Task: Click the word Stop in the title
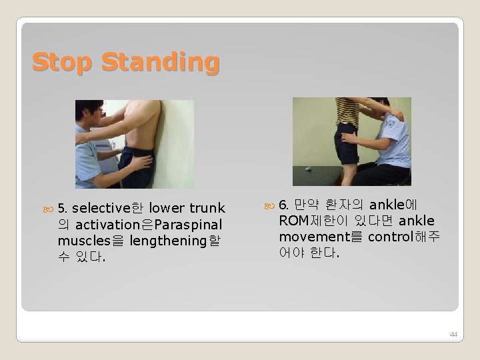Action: click(62, 62)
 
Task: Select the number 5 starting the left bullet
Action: click(63, 208)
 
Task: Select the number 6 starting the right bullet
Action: click(283, 204)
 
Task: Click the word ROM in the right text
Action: click(294, 221)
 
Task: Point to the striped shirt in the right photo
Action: click(347, 110)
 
